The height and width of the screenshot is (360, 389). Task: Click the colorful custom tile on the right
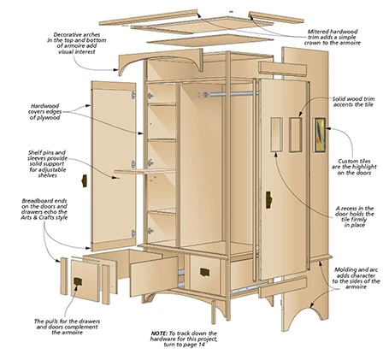[318, 138]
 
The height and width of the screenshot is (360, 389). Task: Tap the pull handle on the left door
[84, 180]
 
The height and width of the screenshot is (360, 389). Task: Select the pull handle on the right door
[267, 199]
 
